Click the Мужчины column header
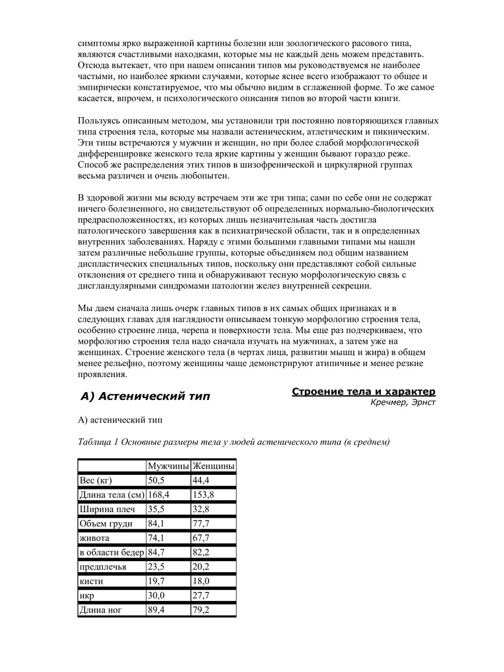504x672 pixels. coord(168,466)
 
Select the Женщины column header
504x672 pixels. coord(213,466)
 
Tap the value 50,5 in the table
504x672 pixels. coord(156,480)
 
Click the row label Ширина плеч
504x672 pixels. coord(107,509)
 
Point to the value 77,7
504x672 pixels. coord(201,523)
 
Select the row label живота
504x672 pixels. coord(94,538)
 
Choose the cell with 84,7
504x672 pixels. coord(156,552)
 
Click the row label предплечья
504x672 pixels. coord(103,567)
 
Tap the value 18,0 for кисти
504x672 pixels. coord(201,581)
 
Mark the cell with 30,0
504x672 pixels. coord(156,595)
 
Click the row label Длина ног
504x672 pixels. coord(101,610)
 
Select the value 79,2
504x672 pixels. coord(201,610)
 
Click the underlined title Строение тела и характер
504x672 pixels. coord(363,392)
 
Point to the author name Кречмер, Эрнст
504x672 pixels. coord(403,402)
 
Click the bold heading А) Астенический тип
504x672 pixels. coord(145,396)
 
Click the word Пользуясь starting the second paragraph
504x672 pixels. coord(99,121)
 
